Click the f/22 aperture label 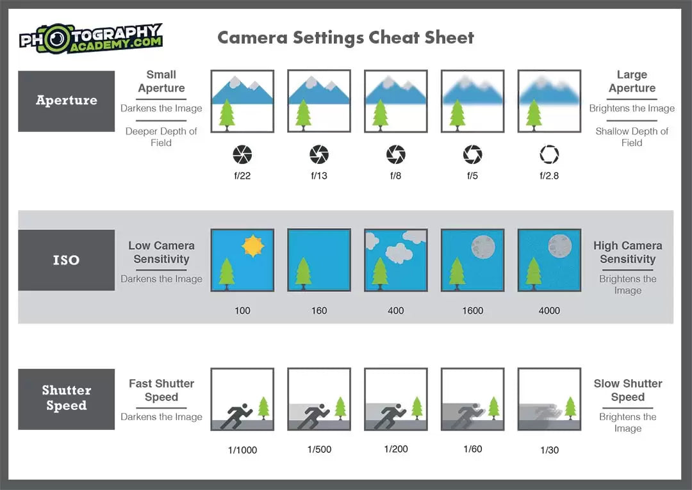point(242,176)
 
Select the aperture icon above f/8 point(396,154)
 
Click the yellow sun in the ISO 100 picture point(253,246)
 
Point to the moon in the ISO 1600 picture point(483,247)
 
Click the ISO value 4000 point(549,311)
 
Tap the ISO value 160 point(319,311)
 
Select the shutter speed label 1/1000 point(242,450)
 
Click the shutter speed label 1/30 point(550,450)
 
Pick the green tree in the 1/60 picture point(493,407)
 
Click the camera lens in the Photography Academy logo point(56,40)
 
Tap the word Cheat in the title point(393,38)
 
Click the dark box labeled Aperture point(66,101)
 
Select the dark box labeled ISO point(66,260)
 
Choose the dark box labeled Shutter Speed point(66,398)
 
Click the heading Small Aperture point(161,81)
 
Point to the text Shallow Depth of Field point(632,136)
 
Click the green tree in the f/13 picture point(303,115)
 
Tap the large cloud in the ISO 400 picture point(399,253)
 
